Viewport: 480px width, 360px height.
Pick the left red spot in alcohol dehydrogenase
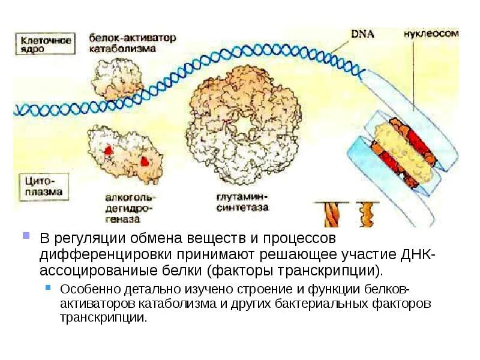(x=109, y=149)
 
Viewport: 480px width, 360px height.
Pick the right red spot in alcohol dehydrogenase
(x=145, y=161)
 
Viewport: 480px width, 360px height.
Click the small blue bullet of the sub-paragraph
(x=50, y=287)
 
